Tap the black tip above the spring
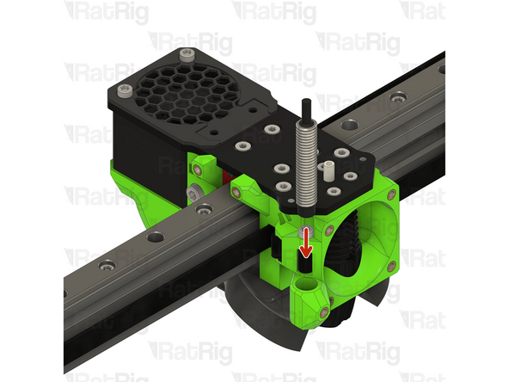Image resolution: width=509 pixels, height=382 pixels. [305, 110]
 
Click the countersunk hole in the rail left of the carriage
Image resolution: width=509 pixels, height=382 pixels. [155, 238]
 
